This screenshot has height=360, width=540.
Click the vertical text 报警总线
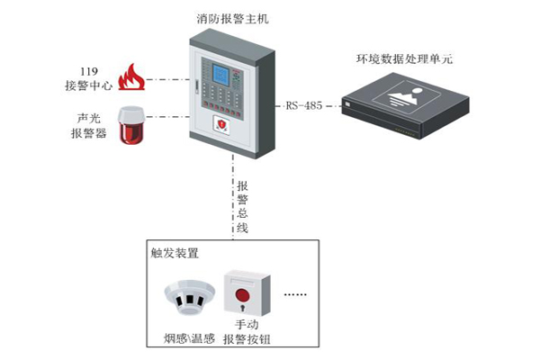point(242,206)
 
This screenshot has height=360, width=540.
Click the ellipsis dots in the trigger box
point(296,294)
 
